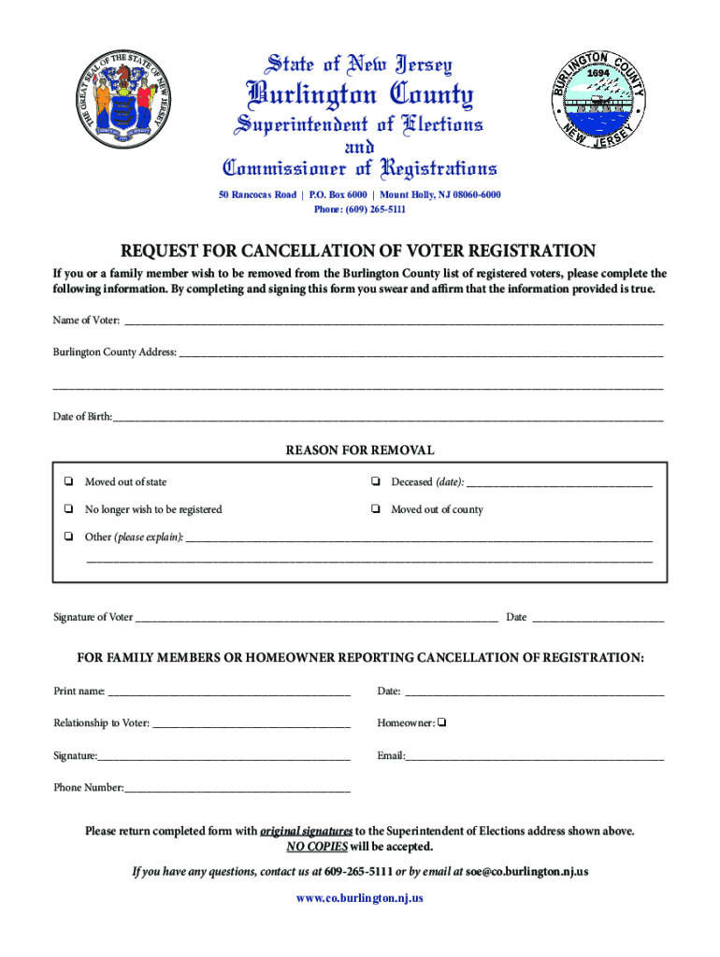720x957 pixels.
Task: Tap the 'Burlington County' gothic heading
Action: click(x=359, y=94)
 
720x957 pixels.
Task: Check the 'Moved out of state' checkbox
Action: click(x=69, y=482)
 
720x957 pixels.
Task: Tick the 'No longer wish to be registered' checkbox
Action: click(x=69, y=509)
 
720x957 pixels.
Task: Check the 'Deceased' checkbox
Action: click(x=374, y=482)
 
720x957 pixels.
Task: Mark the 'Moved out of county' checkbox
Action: click(x=374, y=509)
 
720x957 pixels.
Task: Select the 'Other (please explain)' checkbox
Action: click(x=69, y=536)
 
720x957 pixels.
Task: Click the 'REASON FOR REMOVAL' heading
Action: click(x=359, y=450)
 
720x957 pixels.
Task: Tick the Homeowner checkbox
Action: click(x=441, y=722)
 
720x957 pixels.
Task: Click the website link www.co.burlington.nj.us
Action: click(x=360, y=898)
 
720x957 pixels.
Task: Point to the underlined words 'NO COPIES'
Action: click(x=317, y=847)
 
